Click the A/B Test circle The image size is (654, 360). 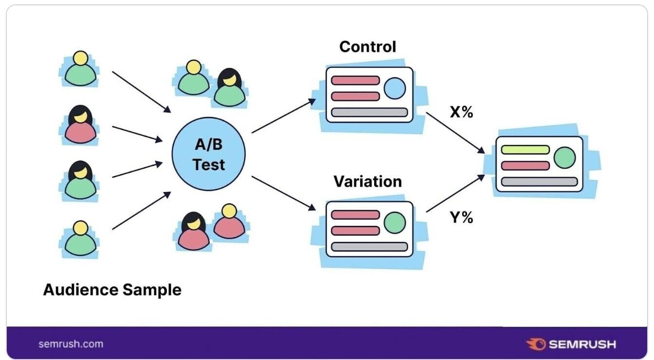click(208, 155)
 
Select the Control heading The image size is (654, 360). click(367, 47)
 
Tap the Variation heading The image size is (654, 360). click(367, 181)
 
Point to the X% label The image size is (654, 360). click(461, 112)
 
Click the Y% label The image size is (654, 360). click(461, 217)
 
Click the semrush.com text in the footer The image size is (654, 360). click(71, 344)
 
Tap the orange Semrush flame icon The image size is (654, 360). click(536, 344)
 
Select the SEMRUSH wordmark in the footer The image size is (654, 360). click(582, 344)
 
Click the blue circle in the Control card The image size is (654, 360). click(395, 89)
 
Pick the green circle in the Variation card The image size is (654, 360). click(395, 223)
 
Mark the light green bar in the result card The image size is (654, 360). click(525, 149)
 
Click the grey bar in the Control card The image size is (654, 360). click(369, 112)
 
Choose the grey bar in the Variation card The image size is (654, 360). click(369, 247)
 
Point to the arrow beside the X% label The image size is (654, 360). click(455, 133)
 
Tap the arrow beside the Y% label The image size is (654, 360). click(455, 193)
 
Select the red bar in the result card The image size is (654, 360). click(525, 165)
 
